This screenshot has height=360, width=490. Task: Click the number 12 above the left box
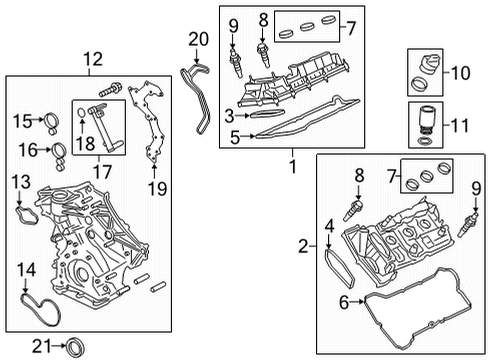pyautogui.click(x=92, y=59)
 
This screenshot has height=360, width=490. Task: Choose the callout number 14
pyautogui.click(x=27, y=269)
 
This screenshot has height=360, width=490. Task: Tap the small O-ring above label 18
pyautogui.click(x=81, y=125)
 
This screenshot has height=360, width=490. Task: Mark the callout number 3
pyautogui.click(x=229, y=117)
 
